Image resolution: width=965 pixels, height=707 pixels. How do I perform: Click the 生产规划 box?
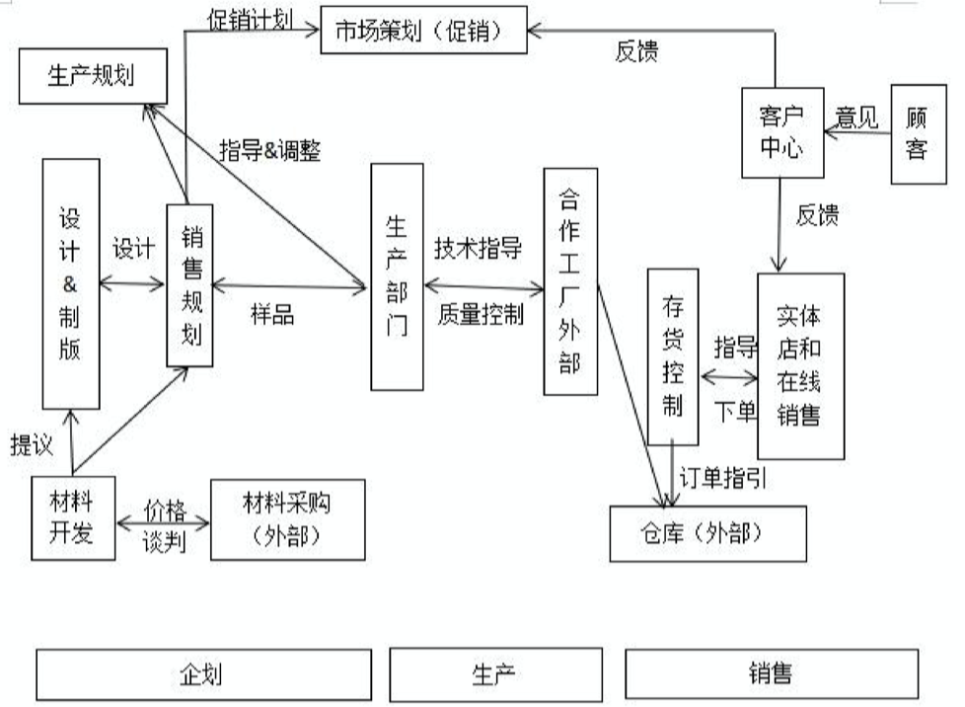pos(93,76)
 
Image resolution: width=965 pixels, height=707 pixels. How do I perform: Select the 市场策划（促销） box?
pos(424,31)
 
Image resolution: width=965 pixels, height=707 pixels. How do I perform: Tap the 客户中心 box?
pos(782,133)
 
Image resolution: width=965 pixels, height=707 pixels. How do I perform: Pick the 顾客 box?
pos(919,134)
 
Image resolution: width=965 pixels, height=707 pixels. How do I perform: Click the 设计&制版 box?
pos(71,284)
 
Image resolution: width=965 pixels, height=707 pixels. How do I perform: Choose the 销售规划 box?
pos(189,285)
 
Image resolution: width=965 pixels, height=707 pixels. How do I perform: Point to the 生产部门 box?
pos(397,277)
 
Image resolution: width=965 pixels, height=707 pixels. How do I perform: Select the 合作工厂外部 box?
pos(570,281)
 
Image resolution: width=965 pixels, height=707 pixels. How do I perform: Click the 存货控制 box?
pos(673,356)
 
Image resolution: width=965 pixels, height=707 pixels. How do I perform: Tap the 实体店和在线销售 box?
pos(800,366)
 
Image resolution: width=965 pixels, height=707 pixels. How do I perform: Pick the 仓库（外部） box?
pos(707,534)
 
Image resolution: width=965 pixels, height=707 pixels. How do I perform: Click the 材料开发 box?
pos(73,518)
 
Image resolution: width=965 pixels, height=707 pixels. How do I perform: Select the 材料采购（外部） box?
pos(288,519)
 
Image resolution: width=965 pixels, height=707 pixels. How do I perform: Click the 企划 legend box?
pos(203,674)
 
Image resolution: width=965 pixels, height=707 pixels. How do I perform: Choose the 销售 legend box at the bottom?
pos(772,673)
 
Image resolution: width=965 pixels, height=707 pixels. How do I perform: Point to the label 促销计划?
pos(251,20)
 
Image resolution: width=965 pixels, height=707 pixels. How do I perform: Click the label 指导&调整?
pos(270,151)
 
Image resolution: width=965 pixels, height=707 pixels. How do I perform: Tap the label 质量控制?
pos(481,314)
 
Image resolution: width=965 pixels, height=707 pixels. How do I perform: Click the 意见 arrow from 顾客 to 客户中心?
pos(857,132)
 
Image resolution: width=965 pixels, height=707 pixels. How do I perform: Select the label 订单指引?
pos(722,478)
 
